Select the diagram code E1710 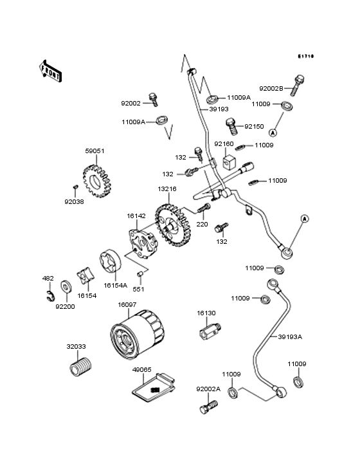pos(305,57)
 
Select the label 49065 pos(141,370)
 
